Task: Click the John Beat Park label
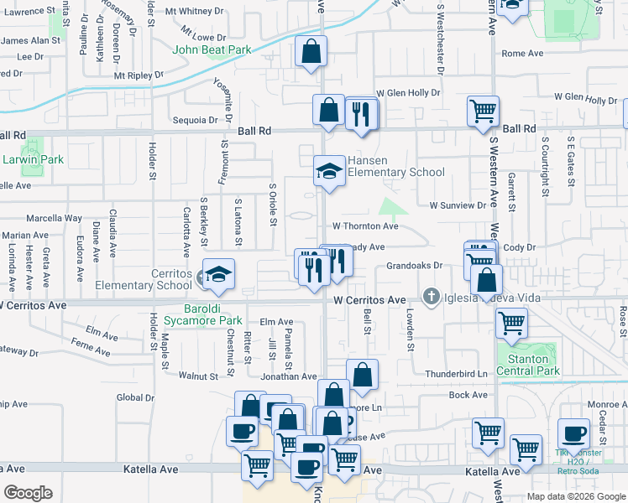[212, 49]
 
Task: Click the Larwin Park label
[32, 159]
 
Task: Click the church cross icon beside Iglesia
[431, 296]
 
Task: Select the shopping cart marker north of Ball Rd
[484, 111]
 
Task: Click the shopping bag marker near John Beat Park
[311, 51]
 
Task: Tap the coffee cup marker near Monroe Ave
[574, 433]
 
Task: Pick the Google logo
[28, 493]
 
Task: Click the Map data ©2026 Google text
[576, 495]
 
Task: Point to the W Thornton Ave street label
[365, 226]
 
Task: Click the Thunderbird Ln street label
[457, 374]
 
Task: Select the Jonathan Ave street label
[288, 377]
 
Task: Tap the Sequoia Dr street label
[195, 120]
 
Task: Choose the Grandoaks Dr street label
[415, 267]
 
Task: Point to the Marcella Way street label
[54, 218]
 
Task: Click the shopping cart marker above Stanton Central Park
[511, 322]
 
